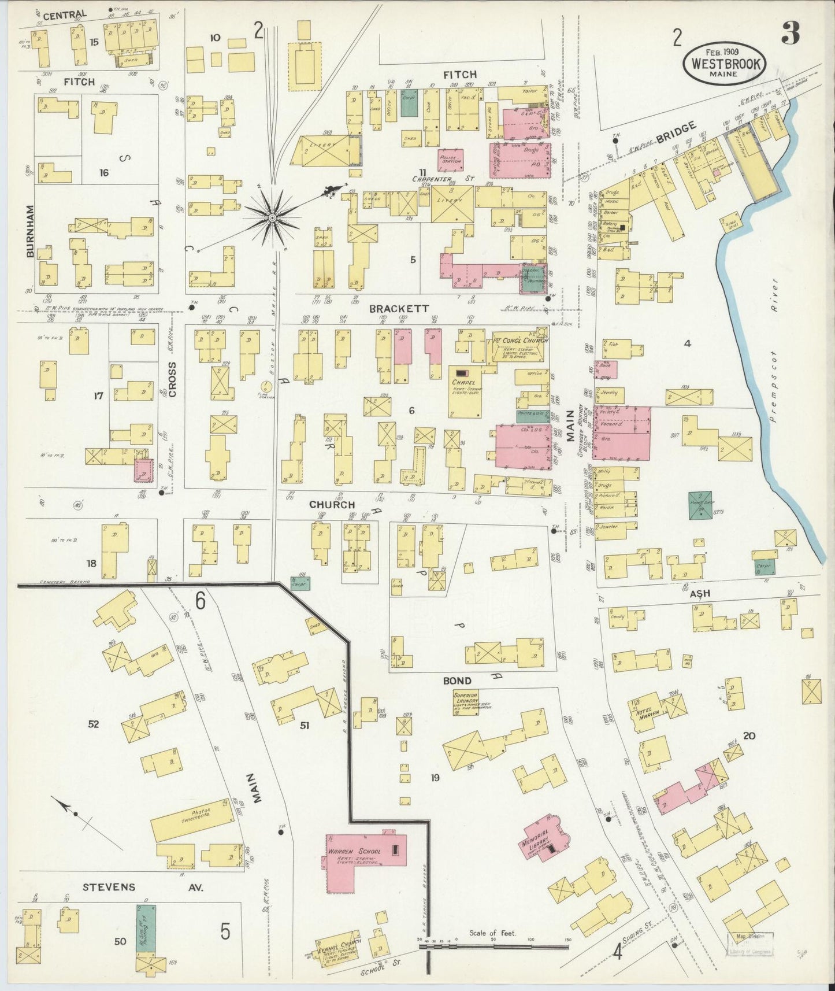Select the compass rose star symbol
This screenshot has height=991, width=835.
272,217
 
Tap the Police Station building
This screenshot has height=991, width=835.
450,160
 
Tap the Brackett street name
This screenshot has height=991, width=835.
399,309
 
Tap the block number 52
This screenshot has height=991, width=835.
94,724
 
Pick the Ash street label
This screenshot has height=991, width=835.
699,594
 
